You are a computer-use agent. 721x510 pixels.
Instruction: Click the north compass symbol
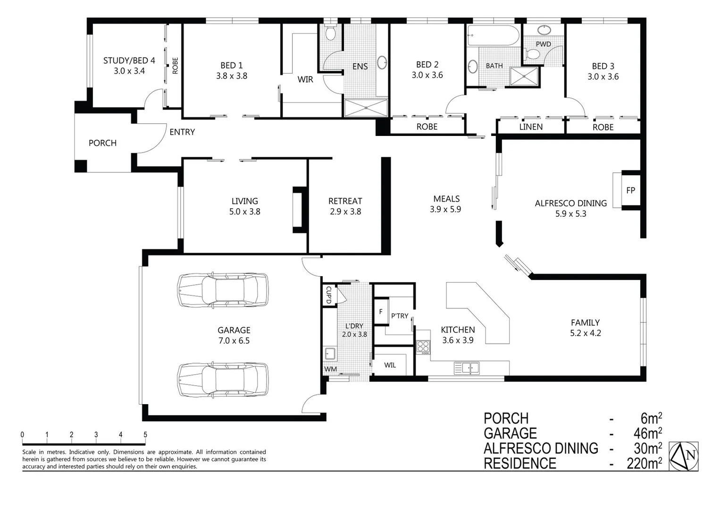[x=685, y=456]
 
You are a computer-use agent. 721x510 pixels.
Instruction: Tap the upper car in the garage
[x=222, y=289]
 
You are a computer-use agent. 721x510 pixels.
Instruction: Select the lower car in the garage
[x=222, y=379]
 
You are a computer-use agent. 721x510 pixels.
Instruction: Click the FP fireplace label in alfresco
[x=630, y=190]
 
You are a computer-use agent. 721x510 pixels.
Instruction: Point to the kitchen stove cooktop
[x=423, y=347]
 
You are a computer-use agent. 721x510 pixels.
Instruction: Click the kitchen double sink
[x=467, y=367]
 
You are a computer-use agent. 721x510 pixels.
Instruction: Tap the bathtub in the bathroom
[x=493, y=35]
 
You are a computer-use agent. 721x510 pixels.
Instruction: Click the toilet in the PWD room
[x=533, y=54]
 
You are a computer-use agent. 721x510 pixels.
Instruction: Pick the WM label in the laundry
[x=330, y=369]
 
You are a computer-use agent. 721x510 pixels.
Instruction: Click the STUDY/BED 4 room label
[x=129, y=60]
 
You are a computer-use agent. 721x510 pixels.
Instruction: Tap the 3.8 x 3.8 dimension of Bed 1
[x=231, y=76]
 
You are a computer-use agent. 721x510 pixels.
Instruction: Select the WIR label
[x=305, y=79]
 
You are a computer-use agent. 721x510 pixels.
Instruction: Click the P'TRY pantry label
[x=399, y=316]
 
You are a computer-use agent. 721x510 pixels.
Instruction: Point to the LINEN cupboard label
[x=531, y=127]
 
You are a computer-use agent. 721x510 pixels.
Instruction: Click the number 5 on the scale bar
[x=145, y=435]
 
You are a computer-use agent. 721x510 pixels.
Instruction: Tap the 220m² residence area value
[x=644, y=464]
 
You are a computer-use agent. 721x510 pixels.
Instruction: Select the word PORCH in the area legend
[x=506, y=418]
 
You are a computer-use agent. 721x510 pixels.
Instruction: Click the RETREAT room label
[x=345, y=201]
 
